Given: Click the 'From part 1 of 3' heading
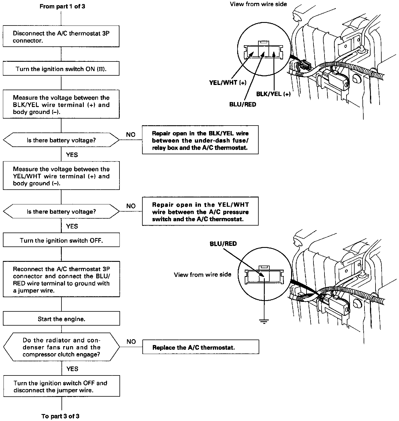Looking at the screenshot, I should coord(62,6).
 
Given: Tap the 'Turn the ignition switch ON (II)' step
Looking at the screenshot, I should coord(61,69).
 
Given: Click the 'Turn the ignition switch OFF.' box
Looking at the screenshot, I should coord(61,240).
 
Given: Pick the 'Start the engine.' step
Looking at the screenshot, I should coord(61,319).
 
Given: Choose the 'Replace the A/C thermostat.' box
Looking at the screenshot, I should coord(200,347).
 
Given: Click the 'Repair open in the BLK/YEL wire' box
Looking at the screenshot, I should coord(200,140).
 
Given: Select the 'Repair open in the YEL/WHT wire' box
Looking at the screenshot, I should coord(200,212).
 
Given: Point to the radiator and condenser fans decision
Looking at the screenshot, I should coord(61,347).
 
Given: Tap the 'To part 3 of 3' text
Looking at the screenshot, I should coord(60,416).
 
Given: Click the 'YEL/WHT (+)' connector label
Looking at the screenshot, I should coord(228,83).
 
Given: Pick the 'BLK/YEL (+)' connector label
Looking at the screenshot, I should coord(273,94).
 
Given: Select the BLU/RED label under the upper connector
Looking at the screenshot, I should coord(242,104).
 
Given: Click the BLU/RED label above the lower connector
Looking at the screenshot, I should coord(223,244).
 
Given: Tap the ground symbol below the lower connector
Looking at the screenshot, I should coord(264,321).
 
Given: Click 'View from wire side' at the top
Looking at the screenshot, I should coord(258,4).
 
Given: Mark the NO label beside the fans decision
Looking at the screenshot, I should coord(131,342).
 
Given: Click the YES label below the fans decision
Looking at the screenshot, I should coord(72,369).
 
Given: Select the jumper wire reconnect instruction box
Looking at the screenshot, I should coord(61,280).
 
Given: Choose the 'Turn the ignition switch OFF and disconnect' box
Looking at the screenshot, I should coord(61,386).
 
